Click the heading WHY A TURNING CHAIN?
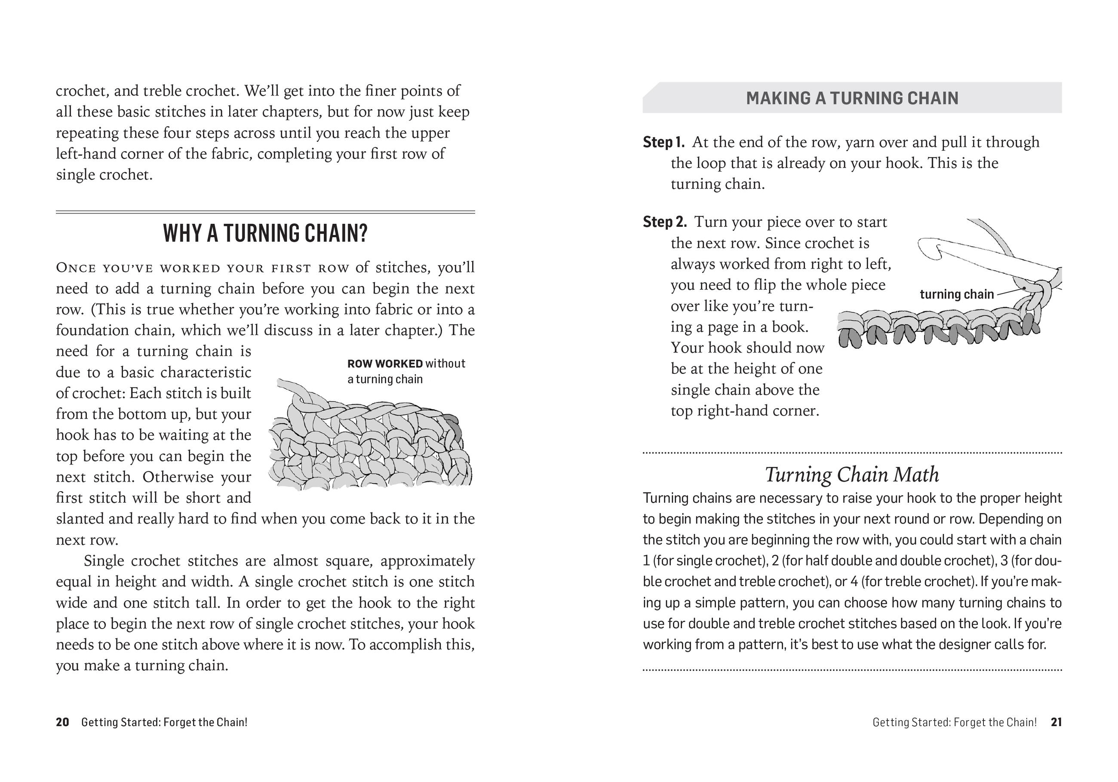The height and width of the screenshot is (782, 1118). pos(265,233)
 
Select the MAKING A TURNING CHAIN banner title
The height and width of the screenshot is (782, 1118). pos(852,98)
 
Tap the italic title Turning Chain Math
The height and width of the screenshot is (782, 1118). pos(852,474)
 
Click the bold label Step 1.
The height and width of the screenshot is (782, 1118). pos(663,142)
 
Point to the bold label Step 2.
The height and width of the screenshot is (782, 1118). pos(665,222)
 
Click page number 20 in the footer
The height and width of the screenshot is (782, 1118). pos(62,722)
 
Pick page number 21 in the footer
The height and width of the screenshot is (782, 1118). pos(1056,722)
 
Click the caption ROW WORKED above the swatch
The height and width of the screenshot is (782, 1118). pos(385,364)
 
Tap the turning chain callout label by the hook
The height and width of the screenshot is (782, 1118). pos(956,294)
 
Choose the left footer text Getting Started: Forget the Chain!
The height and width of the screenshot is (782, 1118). pos(164,722)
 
